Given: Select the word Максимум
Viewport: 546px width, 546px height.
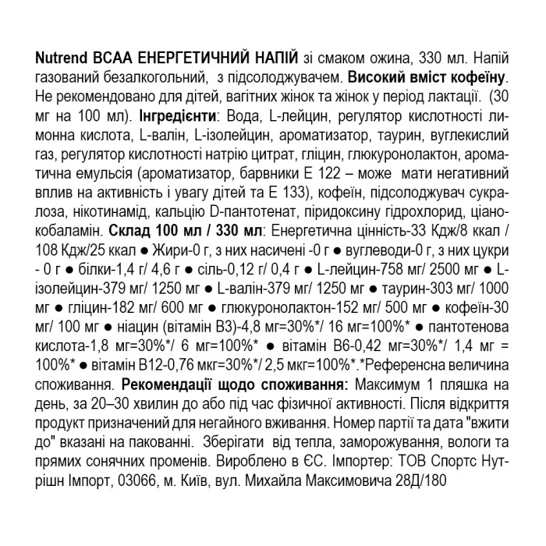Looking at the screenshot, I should (388, 385).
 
